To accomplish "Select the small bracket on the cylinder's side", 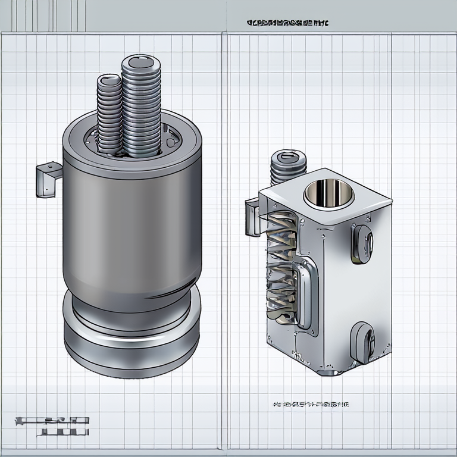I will pos(48,179).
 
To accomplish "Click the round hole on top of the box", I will pos(324,192).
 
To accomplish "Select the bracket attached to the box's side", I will pos(252,217).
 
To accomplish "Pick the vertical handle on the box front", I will pos(304,292).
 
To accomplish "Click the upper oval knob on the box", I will pos(361,243).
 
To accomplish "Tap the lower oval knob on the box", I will pos(361,342).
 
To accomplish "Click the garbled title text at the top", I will pos(287,23).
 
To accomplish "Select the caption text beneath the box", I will pos(310,405).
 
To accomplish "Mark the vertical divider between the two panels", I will pos(224,238).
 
